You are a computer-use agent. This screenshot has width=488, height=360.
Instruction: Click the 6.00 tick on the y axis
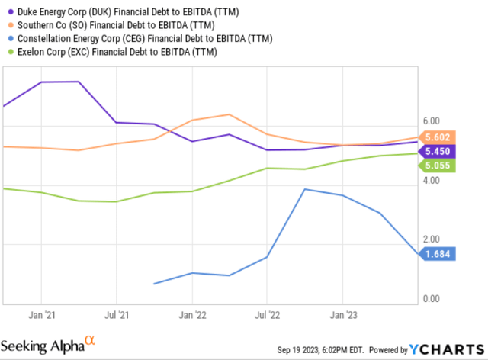[x=431, y=121]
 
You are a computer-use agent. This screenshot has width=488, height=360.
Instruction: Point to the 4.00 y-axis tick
[x=431, y=181]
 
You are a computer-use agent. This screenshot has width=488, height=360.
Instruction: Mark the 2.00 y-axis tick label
[x=431, y=240]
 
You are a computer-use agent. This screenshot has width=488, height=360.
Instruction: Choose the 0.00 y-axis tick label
[x=431, y=299]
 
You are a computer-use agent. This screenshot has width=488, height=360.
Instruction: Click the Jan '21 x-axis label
[x=40, y=313]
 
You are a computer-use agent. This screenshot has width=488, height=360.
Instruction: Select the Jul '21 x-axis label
[x=115, y=313]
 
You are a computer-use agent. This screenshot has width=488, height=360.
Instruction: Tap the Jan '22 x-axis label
[x=191, y=313]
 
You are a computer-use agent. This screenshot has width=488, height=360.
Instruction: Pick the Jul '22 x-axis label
[x=267, y=313]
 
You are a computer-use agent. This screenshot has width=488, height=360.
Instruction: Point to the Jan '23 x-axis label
[x=342, y=313]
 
